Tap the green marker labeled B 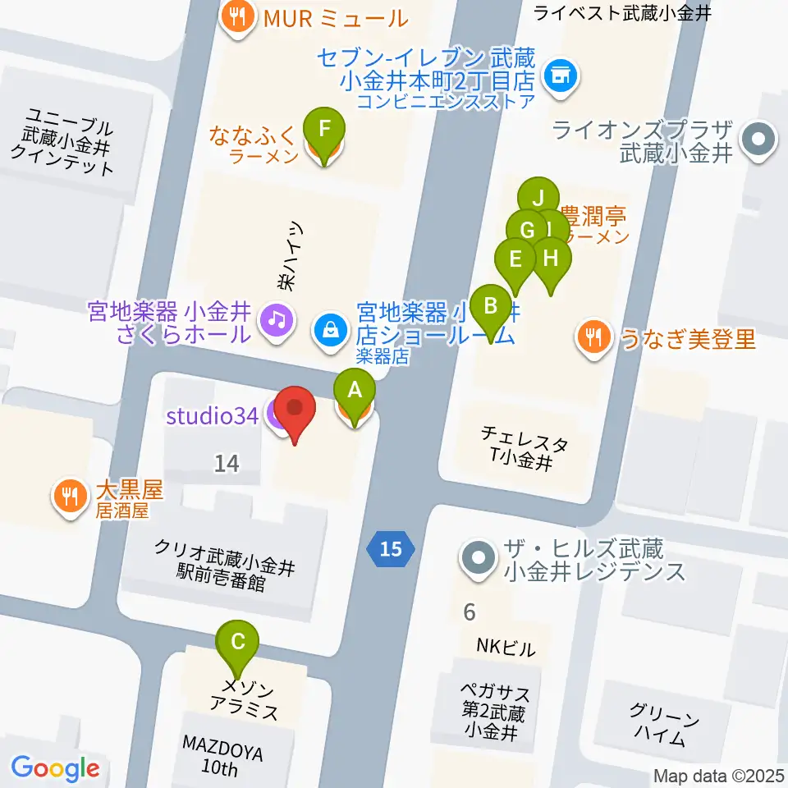tap(491, 306)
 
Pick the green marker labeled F tap(324, 130)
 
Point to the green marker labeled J tap(538, 198)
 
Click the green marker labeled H tap(552, 258)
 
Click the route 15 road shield tap(391, 548)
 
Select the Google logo tap(55, 769)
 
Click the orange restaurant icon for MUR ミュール tap(238, 16)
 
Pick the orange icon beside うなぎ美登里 tap(592, 337)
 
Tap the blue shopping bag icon tap(329, 332)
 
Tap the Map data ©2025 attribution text tap(719, 775)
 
